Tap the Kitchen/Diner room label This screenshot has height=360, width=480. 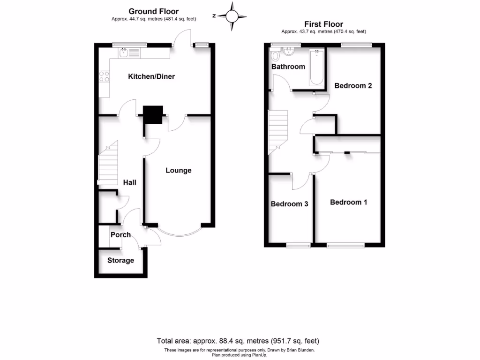coord(151,76)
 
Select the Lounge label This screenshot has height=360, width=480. coord(179,170)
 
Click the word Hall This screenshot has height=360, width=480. coord(129,182)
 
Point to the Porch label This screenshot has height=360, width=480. coord(120,234)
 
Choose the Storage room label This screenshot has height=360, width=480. coord(120,260)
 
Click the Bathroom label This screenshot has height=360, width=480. coord(288,67)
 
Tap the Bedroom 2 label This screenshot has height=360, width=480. coord(353,86)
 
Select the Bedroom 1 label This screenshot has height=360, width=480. coord(348,202)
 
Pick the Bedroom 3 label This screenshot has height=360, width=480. coord(289,204)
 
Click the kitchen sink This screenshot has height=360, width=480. coord(124,53)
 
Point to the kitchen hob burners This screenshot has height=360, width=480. coord(104,76)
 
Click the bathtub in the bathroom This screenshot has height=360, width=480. coord(317,67)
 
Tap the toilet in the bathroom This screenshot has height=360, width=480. coord(276,56)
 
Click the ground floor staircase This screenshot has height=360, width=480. coord(107,164)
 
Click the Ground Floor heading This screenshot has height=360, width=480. coord(153,11)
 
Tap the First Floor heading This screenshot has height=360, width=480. coord(323,24)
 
